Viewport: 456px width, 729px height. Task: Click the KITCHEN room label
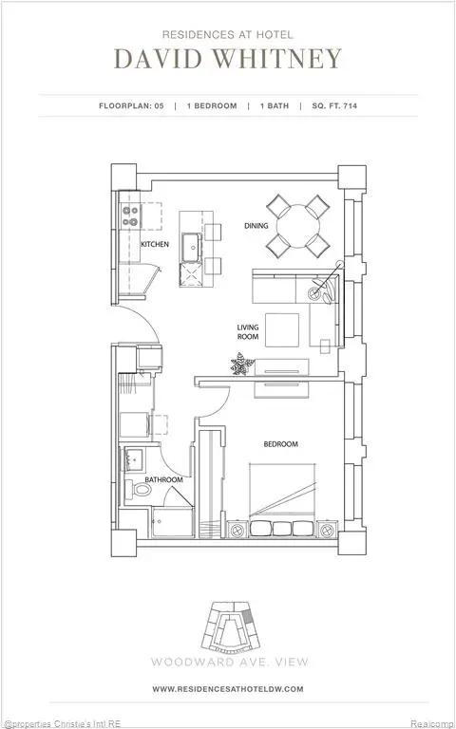(155, 244)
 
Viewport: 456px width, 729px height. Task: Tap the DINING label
(256, 226)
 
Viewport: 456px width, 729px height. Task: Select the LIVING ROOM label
(249, 331)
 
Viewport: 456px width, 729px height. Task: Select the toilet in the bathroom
(140, 491)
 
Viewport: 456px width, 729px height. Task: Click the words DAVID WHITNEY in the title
(228, 60)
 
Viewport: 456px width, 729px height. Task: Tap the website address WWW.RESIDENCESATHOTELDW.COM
(228, 688)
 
